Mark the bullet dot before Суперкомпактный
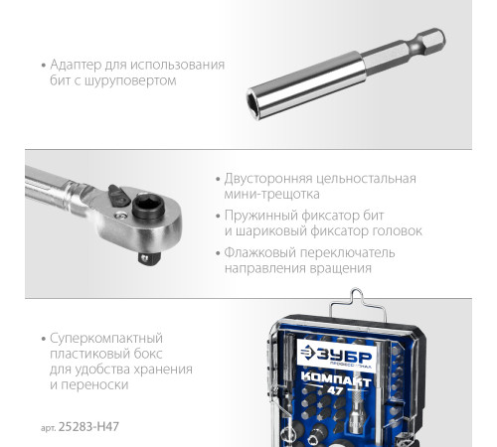point(45,338)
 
